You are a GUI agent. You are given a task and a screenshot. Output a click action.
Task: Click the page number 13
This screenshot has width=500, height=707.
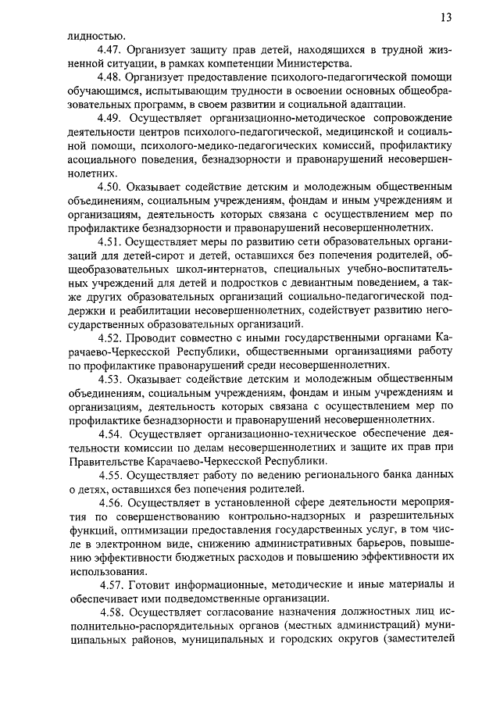click(x=446, y=18)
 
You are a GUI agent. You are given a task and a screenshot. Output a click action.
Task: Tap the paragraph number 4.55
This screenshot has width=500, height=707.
click(x=114, y=476)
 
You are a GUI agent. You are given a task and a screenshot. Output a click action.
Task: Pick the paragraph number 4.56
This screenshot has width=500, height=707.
click(x=114, y=504)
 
